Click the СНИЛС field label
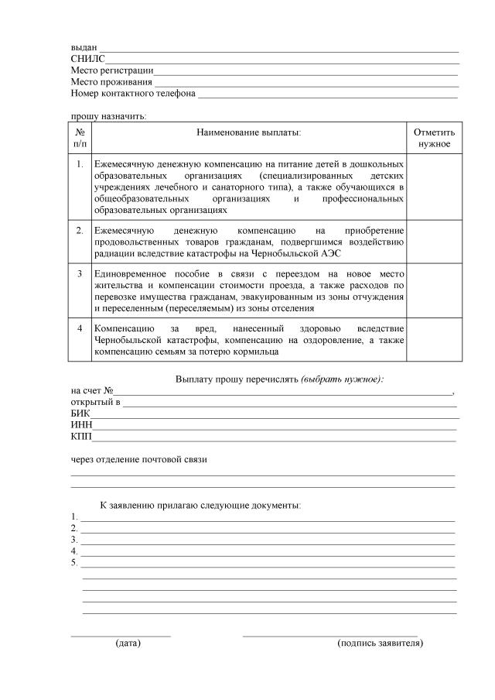coord(87,59)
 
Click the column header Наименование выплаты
coord(248,132)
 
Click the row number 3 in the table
coord(80,274)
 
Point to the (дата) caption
coord(128,643)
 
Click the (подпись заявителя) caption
coord(381,643)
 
